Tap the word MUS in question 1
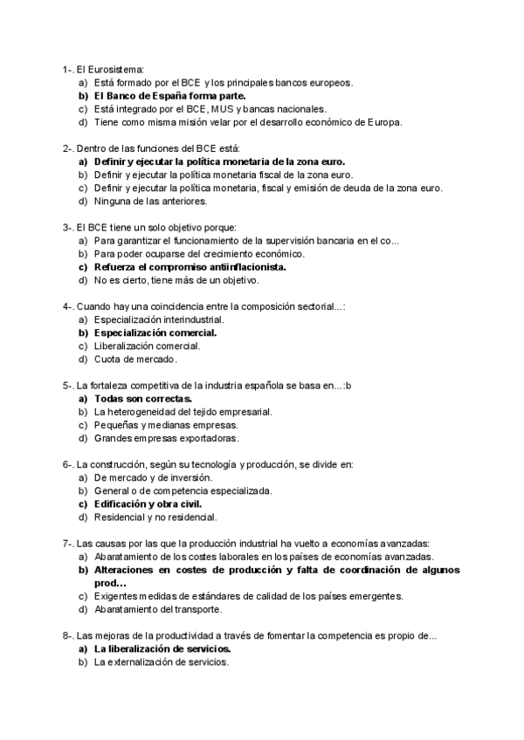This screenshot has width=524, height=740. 222,109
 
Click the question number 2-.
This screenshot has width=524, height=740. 69,148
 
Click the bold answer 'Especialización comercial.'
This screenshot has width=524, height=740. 155,332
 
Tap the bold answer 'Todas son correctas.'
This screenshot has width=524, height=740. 142,398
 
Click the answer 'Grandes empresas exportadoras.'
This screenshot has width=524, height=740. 166,438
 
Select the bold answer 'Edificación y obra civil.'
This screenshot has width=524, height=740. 148,504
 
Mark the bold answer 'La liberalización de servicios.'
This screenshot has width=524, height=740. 162,649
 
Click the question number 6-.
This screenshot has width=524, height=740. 69,464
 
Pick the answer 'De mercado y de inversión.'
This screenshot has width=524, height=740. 153,477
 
